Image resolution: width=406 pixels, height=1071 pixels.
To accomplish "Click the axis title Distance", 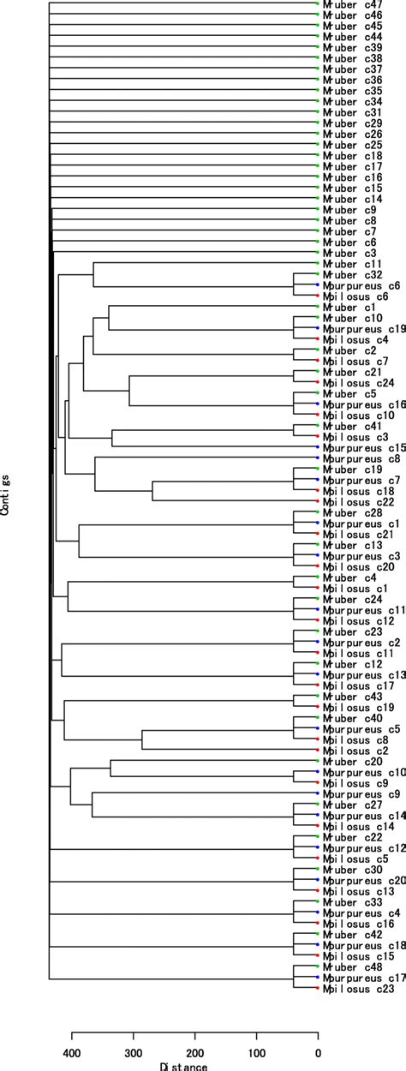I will tap(182, 1066).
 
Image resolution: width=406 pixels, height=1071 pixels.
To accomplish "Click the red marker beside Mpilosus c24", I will tap(318, 382).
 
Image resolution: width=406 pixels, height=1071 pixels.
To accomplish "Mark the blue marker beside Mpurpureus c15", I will tap(318, 447).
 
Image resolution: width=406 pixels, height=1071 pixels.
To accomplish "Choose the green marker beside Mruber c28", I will tap(318, 512).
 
